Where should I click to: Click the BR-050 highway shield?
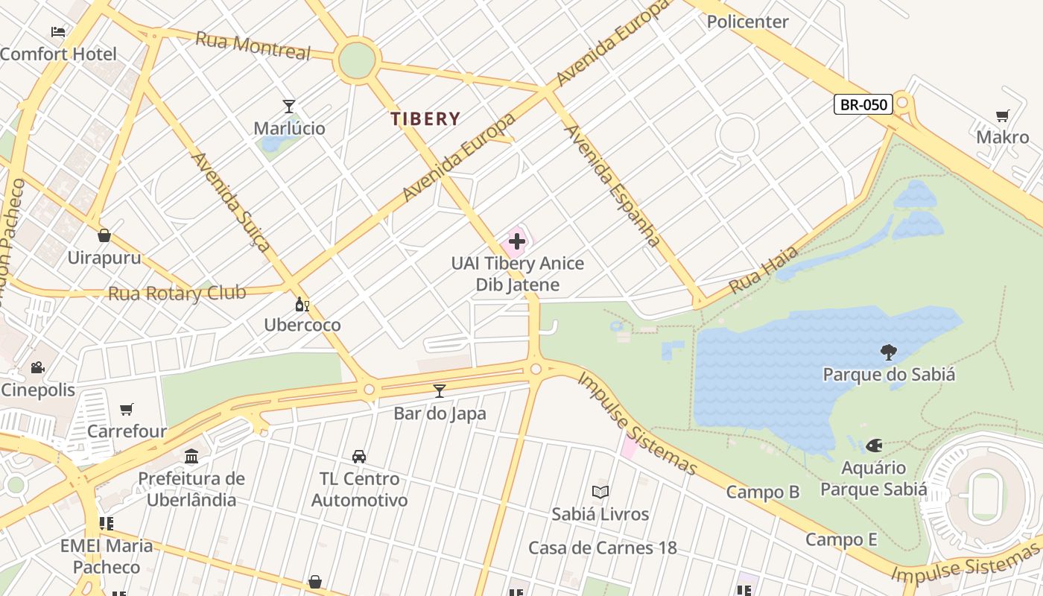(863, 104)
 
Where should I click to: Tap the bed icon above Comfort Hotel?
(58, 32)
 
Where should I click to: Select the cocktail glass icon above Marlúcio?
(289, 107)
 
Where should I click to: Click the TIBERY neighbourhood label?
(425, 118)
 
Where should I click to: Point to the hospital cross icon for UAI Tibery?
(517, 241)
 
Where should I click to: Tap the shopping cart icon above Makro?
(1002, 115)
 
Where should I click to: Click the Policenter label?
(747, 22)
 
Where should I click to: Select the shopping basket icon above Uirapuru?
(104, 235)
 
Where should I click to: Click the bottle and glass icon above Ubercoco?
(302, 304)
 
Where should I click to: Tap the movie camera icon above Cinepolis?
(37, 367)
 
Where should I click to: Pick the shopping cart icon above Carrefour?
(127, 409)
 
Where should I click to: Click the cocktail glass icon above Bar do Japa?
(440, 390)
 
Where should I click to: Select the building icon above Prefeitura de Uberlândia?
(191, 456)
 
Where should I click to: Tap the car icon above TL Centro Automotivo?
(359, 456)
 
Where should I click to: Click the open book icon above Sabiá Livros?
(600, 492)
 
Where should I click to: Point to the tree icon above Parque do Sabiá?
(888, 352)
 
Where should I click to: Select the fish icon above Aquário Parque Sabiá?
(874, 446)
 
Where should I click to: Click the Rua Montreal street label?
(253, 45)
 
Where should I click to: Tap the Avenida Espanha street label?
(612, 185)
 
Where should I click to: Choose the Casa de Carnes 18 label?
(602, 548)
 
